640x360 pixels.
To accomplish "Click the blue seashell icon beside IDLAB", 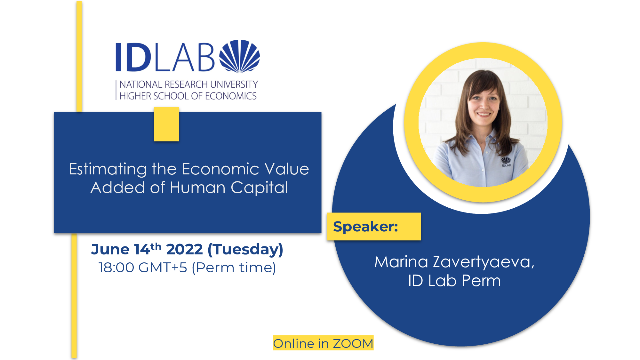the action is point(239,56).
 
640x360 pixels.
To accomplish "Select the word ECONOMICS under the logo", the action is point(231,96).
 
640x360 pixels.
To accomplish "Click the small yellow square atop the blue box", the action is point(166,124).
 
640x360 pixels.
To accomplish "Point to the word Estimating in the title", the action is point(108,169).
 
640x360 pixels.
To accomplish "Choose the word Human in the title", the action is point(198,188).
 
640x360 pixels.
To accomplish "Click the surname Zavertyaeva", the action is point(484,262).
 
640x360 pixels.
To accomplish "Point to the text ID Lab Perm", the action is point(454,281).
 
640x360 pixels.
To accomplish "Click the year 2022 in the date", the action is point(185,249).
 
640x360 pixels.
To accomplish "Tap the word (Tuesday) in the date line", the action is point(245,250).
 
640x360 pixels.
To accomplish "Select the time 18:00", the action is point(116,268).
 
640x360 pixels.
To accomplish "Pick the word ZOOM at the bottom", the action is point(353,343).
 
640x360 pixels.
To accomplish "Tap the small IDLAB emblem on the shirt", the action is point(506,162).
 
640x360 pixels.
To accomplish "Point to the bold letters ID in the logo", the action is point(133,57).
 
